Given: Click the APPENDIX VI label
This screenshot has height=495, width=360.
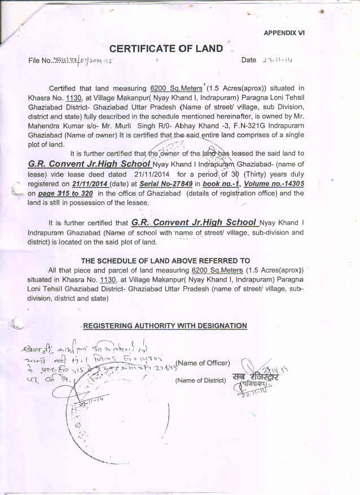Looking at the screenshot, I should (x=284, y=33).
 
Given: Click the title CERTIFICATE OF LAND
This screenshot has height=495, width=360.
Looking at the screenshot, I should (x=166, y=49).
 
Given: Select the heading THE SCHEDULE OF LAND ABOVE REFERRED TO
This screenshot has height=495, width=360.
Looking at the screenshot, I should (x=165, y=261).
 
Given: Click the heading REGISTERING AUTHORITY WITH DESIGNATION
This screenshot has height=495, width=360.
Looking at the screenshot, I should (x=165, y=326).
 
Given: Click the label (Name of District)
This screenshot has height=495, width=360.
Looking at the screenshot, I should (x=201, y=380).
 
